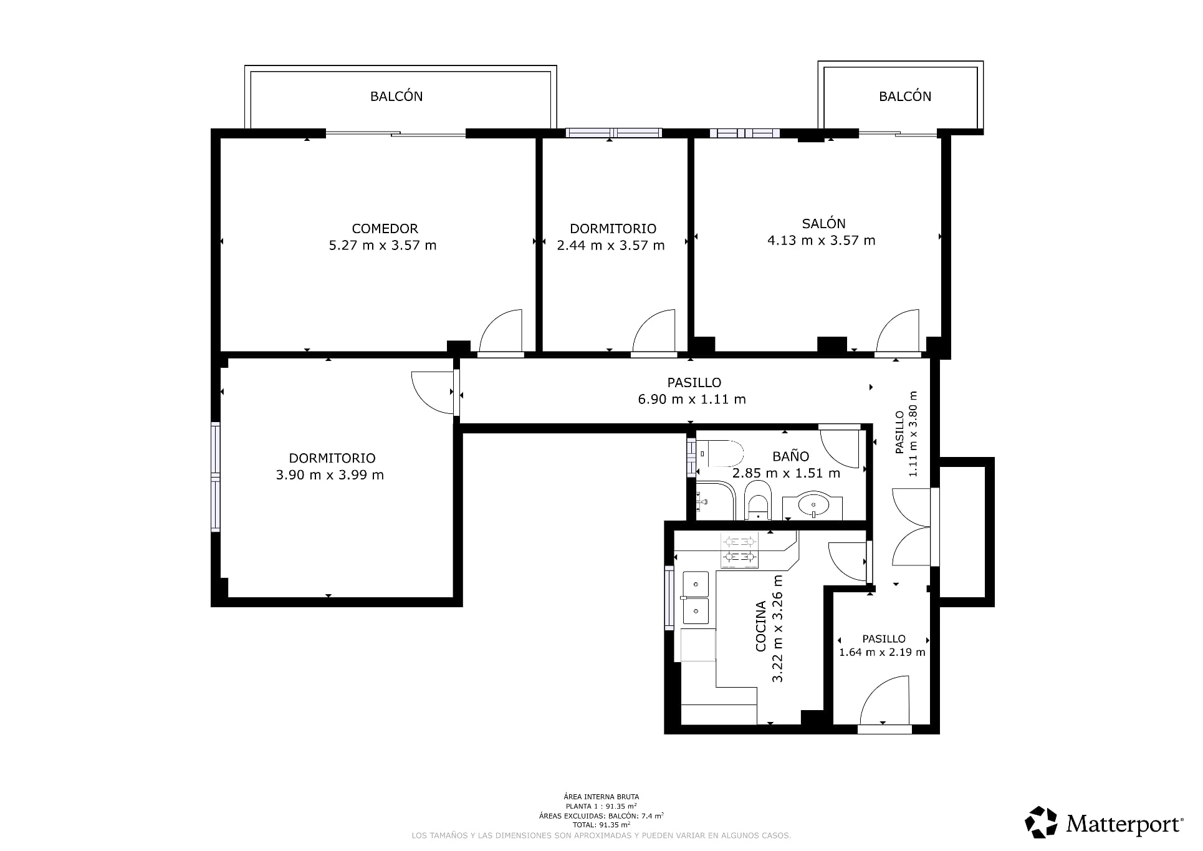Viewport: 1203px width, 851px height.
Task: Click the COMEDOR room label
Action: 385,229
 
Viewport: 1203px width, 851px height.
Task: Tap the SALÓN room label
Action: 823,223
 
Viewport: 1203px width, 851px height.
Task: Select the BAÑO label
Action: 790,456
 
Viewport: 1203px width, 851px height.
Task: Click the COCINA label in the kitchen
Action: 761,626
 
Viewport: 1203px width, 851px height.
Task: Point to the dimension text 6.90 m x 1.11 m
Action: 692,400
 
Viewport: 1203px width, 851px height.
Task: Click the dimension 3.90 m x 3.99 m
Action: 330,475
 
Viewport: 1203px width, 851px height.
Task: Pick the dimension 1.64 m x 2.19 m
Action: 882,653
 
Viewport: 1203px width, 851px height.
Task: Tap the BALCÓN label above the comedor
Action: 396,96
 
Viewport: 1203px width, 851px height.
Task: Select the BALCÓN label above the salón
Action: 905,96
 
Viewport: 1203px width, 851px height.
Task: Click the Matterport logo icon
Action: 1042,823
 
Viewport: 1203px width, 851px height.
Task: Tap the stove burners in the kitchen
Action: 740,550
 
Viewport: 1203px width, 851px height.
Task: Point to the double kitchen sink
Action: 696,598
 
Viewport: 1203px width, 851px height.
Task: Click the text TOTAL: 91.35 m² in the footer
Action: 601,825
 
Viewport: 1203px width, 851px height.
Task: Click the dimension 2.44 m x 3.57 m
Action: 611,246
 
